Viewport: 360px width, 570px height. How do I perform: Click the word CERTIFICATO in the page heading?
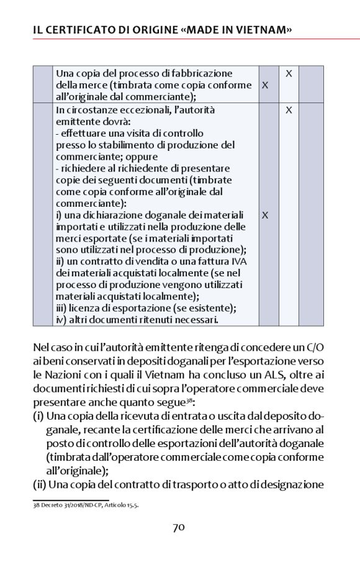pyautogui.click(x=79, y=30)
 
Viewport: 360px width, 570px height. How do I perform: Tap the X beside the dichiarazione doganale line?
pyautogui.click(x=265, y=215)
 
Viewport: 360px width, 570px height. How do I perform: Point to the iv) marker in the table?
pyautogui.click(x=61, y=319)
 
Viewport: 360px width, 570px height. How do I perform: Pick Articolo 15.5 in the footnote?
pyautogui.click(x=123, y=505)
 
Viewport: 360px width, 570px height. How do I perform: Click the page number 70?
pyautogui.click(x=179, y=528)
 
